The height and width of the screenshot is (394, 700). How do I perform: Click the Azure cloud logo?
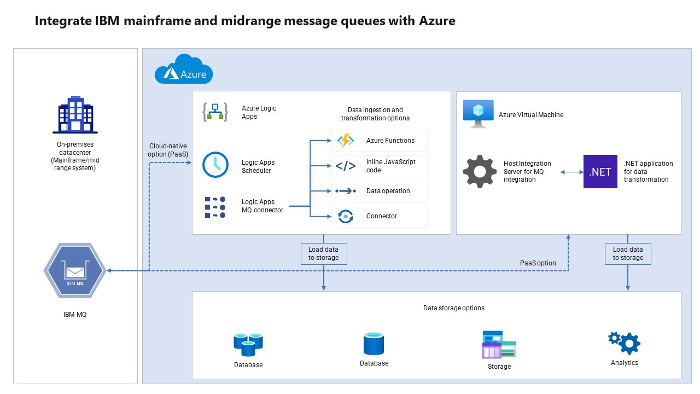point(183,69)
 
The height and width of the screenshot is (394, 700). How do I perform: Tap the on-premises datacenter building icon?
point(75,115)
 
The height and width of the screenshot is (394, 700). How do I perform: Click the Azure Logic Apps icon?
point(215,112)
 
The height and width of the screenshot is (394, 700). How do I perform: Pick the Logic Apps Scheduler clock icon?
point(215,165)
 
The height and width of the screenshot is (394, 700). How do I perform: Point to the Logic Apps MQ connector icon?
point(215,207)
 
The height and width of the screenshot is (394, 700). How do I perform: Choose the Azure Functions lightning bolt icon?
point(346,141)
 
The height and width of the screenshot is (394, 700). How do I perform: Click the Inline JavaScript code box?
point(379,166)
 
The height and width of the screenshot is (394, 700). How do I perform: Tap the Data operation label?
point(388,191)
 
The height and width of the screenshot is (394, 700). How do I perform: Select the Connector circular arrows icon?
point(346,216)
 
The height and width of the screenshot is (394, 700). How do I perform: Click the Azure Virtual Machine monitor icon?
point(478,114)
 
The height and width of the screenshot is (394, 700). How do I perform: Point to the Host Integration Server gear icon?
point(480,171)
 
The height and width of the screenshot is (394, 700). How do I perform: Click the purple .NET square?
point(600,171)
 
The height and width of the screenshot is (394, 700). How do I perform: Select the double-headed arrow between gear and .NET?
point(572,172)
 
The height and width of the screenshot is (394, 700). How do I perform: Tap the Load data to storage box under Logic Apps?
point(324,253)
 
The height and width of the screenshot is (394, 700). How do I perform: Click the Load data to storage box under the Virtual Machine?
point(628,253)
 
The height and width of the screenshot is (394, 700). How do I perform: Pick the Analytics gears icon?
point(625,343)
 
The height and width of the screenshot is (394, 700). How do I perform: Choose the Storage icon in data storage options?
point(499,345)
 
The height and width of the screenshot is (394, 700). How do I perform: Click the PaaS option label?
point(538,263)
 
